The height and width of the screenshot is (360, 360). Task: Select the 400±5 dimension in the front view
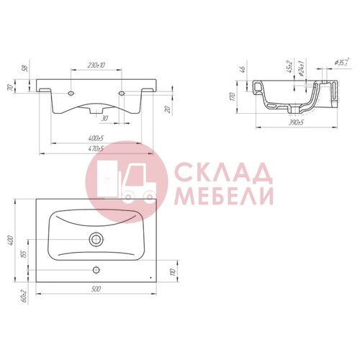[96, 138]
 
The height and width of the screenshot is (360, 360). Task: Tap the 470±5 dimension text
[96, 148]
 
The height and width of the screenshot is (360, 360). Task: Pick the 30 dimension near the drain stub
[104, 118]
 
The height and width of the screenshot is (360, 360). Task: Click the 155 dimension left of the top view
[24, 254]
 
